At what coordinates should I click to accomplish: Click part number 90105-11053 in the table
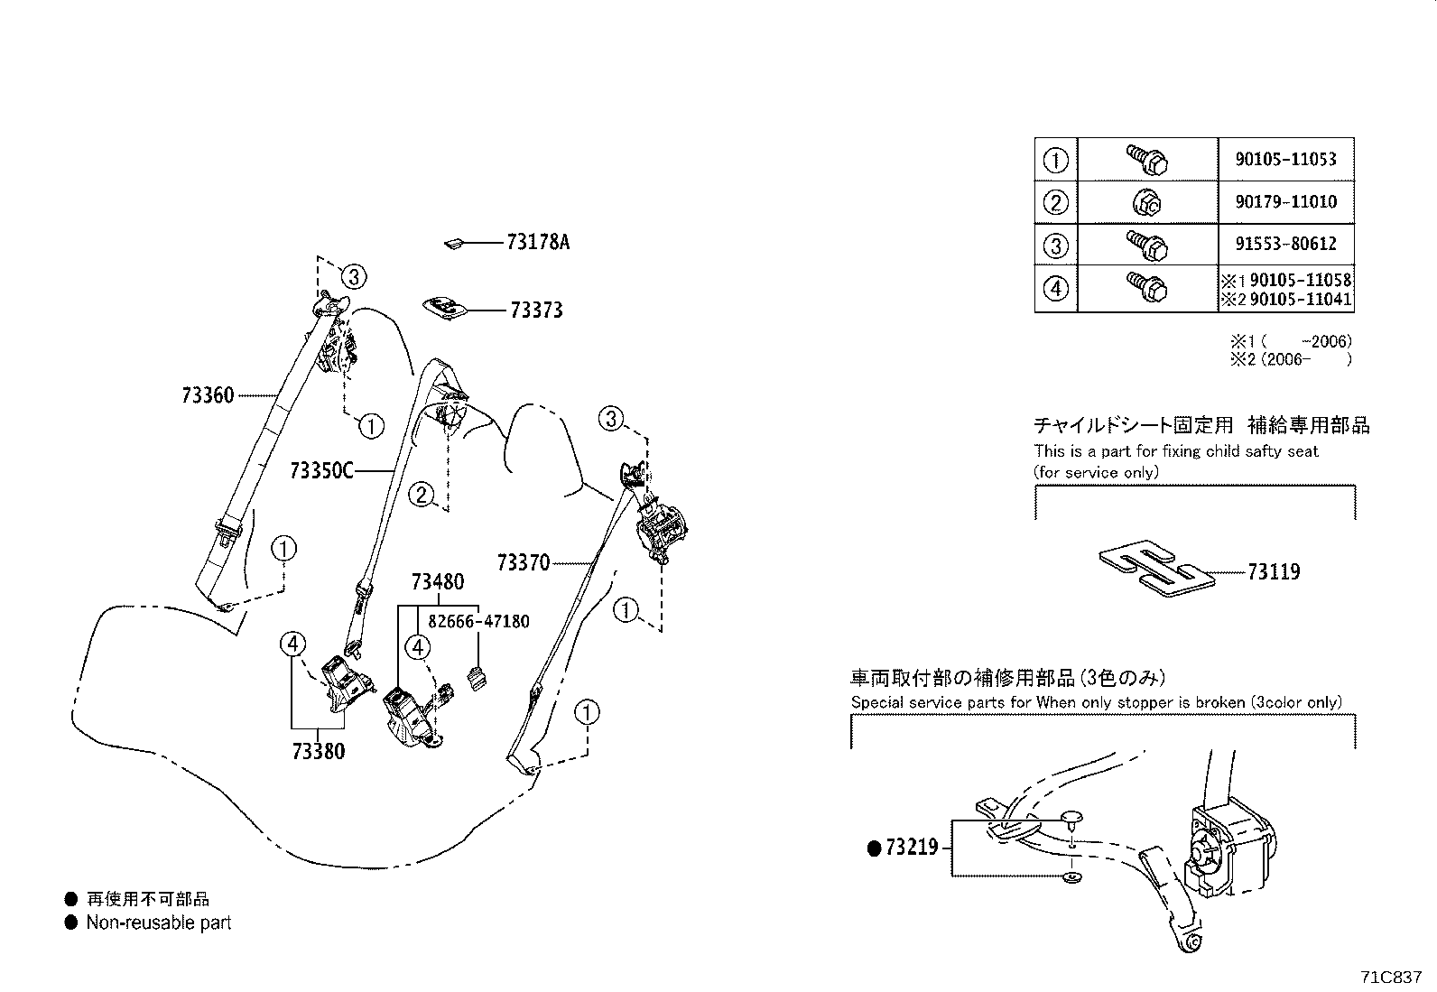click(x=1285, y=159)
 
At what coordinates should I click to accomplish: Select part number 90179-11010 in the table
click(x=1285, y=201)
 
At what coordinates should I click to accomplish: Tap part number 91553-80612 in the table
click(x=1285, y=244)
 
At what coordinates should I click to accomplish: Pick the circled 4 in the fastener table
click(x=1055, y=289)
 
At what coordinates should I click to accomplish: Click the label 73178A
click(x=538, y=242)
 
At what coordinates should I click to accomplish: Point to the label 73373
click(x=536, y=311)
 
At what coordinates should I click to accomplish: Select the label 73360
click(x=208, y=395)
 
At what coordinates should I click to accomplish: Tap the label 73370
click(x=523, y=563)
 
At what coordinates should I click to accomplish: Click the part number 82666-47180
click(x=478, y=621)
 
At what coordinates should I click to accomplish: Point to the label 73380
click(x=318, y=751)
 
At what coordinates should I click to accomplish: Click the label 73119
click(x=1274, y=571)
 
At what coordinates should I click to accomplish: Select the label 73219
click(x=912, y=848)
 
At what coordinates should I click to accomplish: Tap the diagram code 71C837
click(x=1391, y=978)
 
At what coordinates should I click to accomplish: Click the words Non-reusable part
click(x=159, y=922)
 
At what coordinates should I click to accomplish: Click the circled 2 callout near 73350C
click(x=422, y=495)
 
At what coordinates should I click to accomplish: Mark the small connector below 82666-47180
click(x=476, y=680)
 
